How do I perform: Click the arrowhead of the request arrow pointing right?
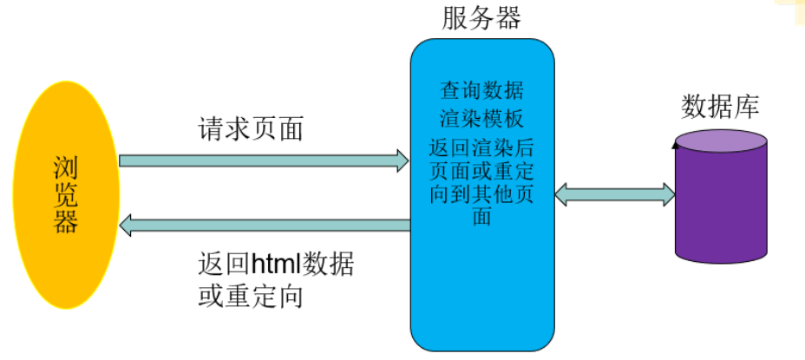(402, 160)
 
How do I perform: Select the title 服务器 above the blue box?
(481, 18)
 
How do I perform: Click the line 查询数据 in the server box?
(481, 90)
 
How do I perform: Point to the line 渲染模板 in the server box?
(481, 120)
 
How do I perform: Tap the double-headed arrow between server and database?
(615, 193)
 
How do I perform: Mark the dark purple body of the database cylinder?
(721, 208)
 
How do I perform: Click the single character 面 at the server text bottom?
(482, 217)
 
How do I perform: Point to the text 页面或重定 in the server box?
(481, 171)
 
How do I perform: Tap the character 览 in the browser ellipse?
(66, 194)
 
